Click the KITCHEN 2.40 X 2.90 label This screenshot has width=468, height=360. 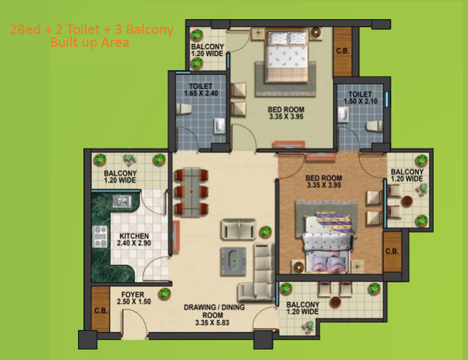(134, 239)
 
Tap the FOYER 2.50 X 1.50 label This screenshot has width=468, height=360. (134, 298)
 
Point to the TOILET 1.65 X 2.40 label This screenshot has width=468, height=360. (201, 90)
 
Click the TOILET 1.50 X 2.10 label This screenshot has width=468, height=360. (360, 98)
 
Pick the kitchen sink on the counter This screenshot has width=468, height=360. (122, 201)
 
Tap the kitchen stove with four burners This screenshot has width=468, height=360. (100, 236)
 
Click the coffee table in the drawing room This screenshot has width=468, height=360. (233, 261)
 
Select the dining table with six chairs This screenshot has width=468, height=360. (191, 191)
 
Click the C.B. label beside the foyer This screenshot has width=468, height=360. (101, 311)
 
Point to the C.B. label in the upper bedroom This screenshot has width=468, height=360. (343, 51)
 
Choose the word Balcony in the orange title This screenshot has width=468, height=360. (150, 30)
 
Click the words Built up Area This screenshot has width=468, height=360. (90, 42)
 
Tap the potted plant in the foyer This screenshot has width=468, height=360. (164, 294)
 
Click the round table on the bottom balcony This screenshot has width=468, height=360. (335, 302)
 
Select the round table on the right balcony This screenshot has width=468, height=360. (407, 201)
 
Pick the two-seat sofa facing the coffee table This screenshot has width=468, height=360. (238, 229)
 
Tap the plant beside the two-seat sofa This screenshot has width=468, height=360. (265, 232)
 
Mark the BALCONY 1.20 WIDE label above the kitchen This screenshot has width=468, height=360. (120, 177)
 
